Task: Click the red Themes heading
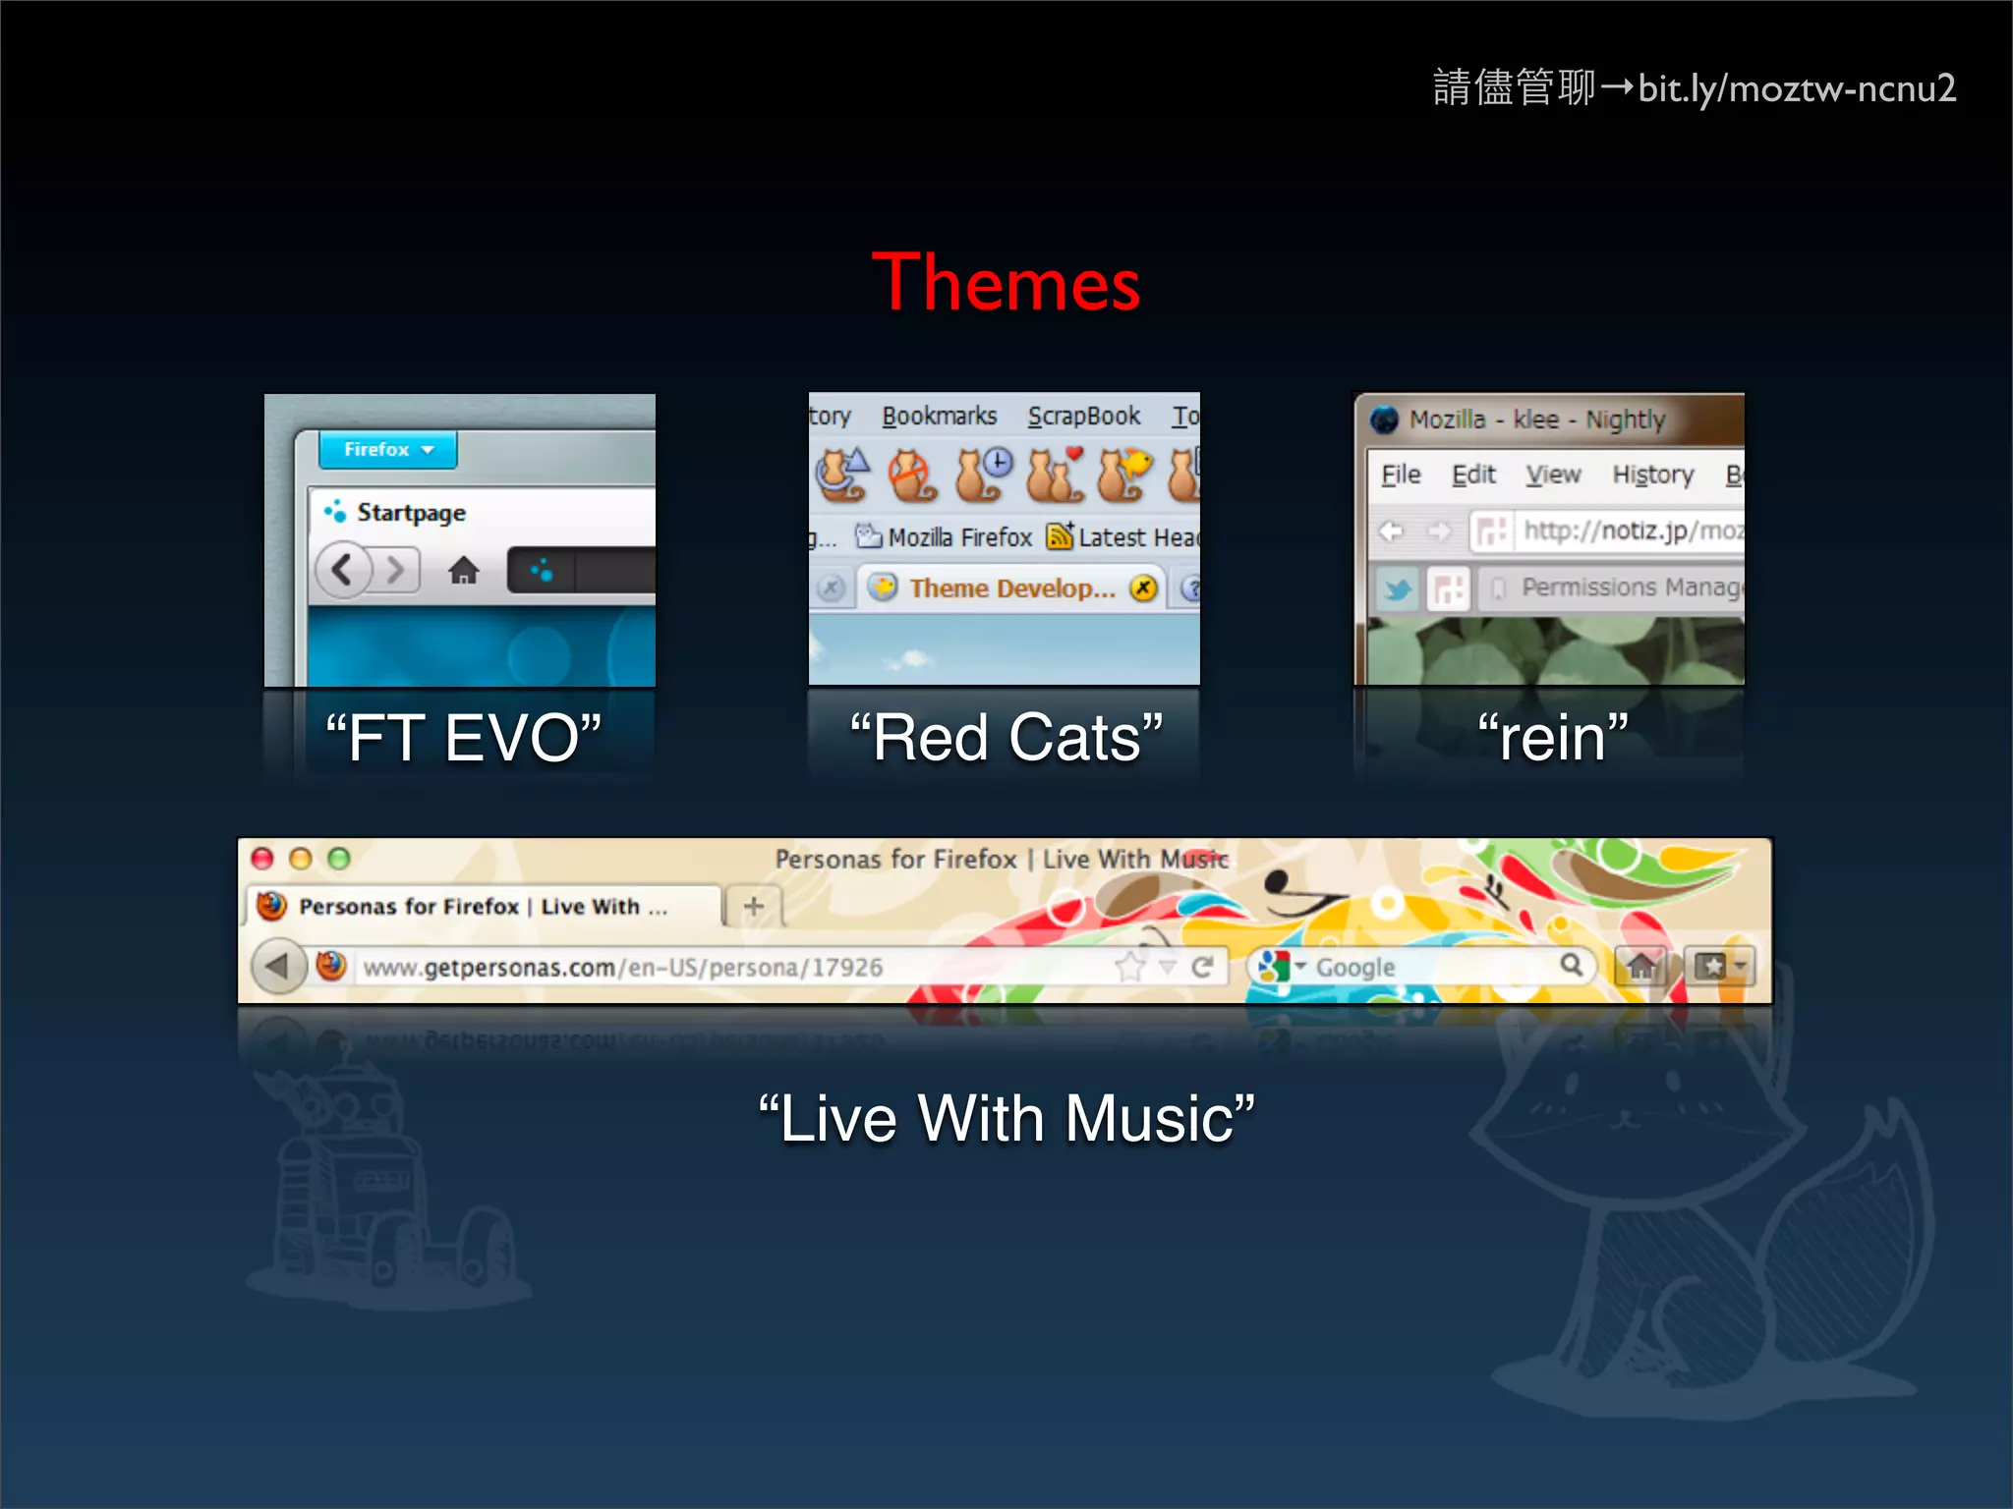pyautogui.click(x=1006, y=283)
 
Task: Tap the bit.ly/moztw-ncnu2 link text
pyautogui.click(x=1796, y=89)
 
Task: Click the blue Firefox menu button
pyautogui.click(x=387, y=450)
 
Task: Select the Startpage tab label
pyautogui.click(x=410, y=513)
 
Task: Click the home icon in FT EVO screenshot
pyautogui.click(x=463, y=570)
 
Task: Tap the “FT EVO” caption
pyautogui.click(x=463, y=738)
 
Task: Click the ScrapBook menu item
pyautogui.click(x=1083, y=417)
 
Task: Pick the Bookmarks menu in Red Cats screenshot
pyautogui.click(x=939, y=417)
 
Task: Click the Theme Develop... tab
pyautogui.click(x=1011, y=588)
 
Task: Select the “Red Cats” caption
pyautogui.click(x=1006, y=738)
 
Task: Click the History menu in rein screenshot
pyautogui.click(x=1652, y=475)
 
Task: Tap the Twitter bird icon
pyautogui.click(x=1397, y=589)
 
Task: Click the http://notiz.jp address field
pyautogui.click(x=1627, y=531)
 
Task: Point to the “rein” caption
pyautogui.click(x=1552, y=738)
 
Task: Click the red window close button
pyautogui.click(x=262, y=859)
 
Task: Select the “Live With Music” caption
pyautogui.click(x=1006, y=1119)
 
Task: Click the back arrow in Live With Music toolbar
pyautogui.click(x=277, y=967)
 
